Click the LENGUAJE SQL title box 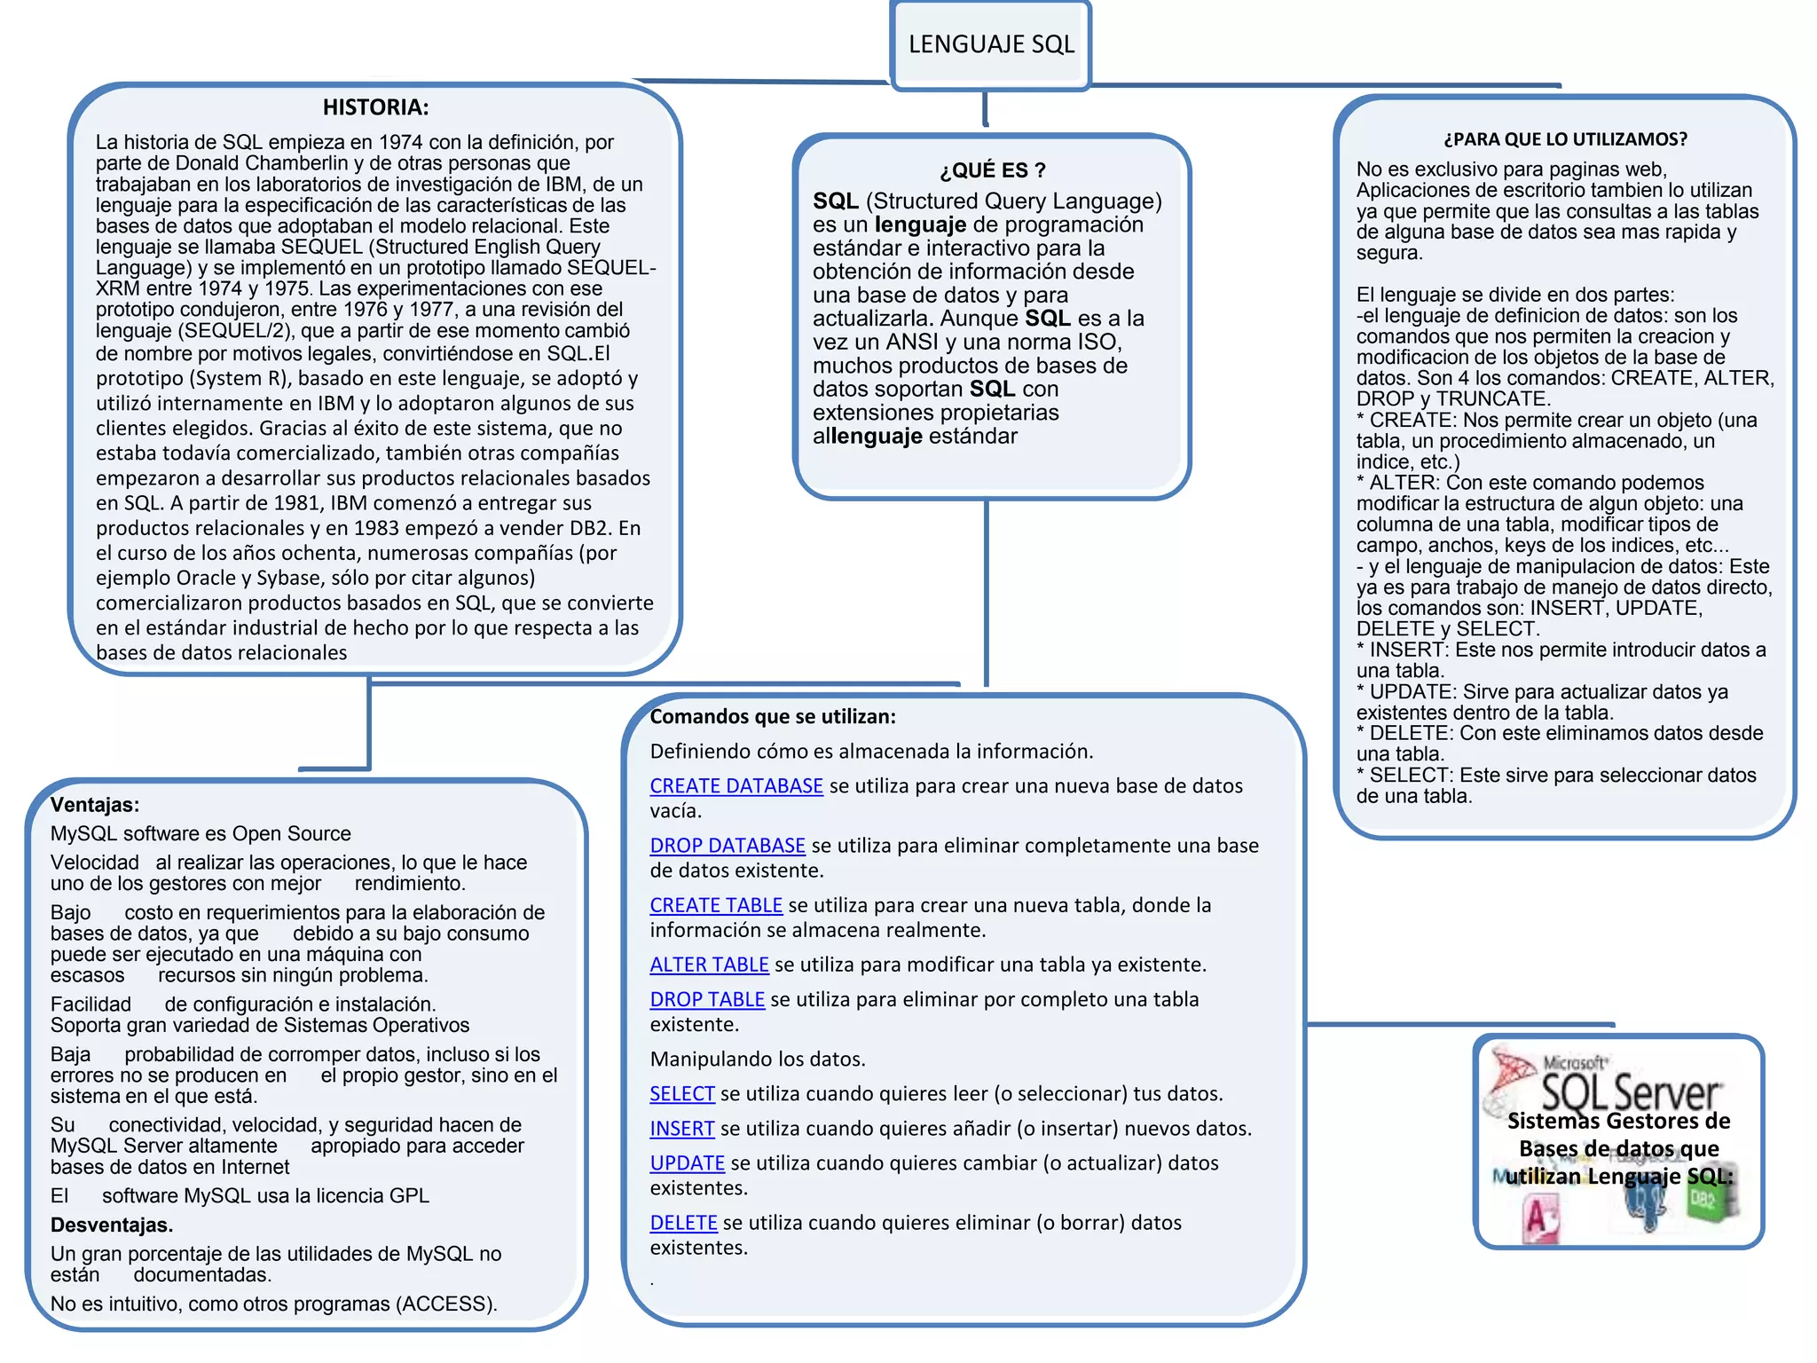click(x=991, y=44)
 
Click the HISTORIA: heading click(x=375, y=107)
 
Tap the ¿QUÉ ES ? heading click(x=992, y=170)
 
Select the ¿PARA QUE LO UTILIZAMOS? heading click(x=1565, y=139)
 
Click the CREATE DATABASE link click(x=736, y=786)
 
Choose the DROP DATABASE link click(x=728, y=846)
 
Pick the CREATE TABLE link click(x=716, y=905)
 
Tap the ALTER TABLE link click(x=709, y=965)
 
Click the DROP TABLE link click(x=707, y=999)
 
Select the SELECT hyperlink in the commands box click(x=682, y=1094)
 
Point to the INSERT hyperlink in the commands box click(x=682, y=1129)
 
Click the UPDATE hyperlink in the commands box click(x=688, y=1163)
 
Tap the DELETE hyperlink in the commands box click(x=683, y=1223)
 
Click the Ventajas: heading click(x=95, y=805)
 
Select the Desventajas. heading click(x=112, y=1225)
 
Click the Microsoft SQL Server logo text click(x=1631, y=1088)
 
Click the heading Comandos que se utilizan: click(x=773, y=717)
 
